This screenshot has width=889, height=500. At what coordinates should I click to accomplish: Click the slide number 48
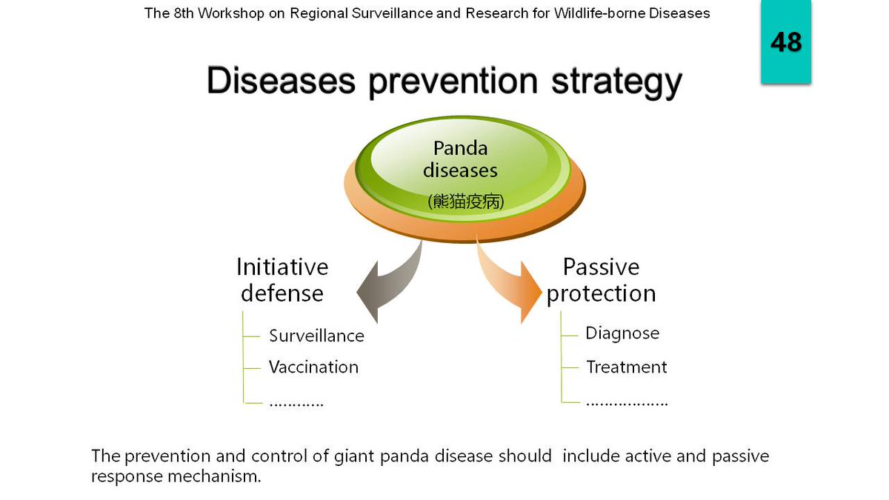[786, 41]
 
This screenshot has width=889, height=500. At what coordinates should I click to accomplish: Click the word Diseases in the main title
[281, 81]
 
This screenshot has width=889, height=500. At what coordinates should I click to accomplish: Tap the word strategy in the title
[616, 83]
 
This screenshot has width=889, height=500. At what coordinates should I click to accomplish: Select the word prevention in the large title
[453, 83]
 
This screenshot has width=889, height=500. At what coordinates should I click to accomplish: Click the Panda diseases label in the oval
[460, 159]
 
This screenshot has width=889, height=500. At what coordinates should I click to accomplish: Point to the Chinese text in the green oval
[465, 201]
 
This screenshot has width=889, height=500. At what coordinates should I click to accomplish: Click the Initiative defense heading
[282, 280]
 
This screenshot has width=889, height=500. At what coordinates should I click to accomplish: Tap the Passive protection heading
[601, 281]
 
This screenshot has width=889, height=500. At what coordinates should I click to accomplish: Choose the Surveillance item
[316, 336]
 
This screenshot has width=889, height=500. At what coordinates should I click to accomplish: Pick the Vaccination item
[313, 367]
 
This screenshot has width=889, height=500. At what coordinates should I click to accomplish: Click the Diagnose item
[622, 333]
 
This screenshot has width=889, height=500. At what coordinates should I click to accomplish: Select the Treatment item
[627, 367]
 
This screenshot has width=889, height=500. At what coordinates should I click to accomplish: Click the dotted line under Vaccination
[296, 404]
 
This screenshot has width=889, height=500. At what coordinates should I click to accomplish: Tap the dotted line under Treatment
[627, 404]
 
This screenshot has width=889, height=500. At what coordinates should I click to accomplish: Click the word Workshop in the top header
[231, 13]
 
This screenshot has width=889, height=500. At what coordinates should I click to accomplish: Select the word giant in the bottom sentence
[354, 457]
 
